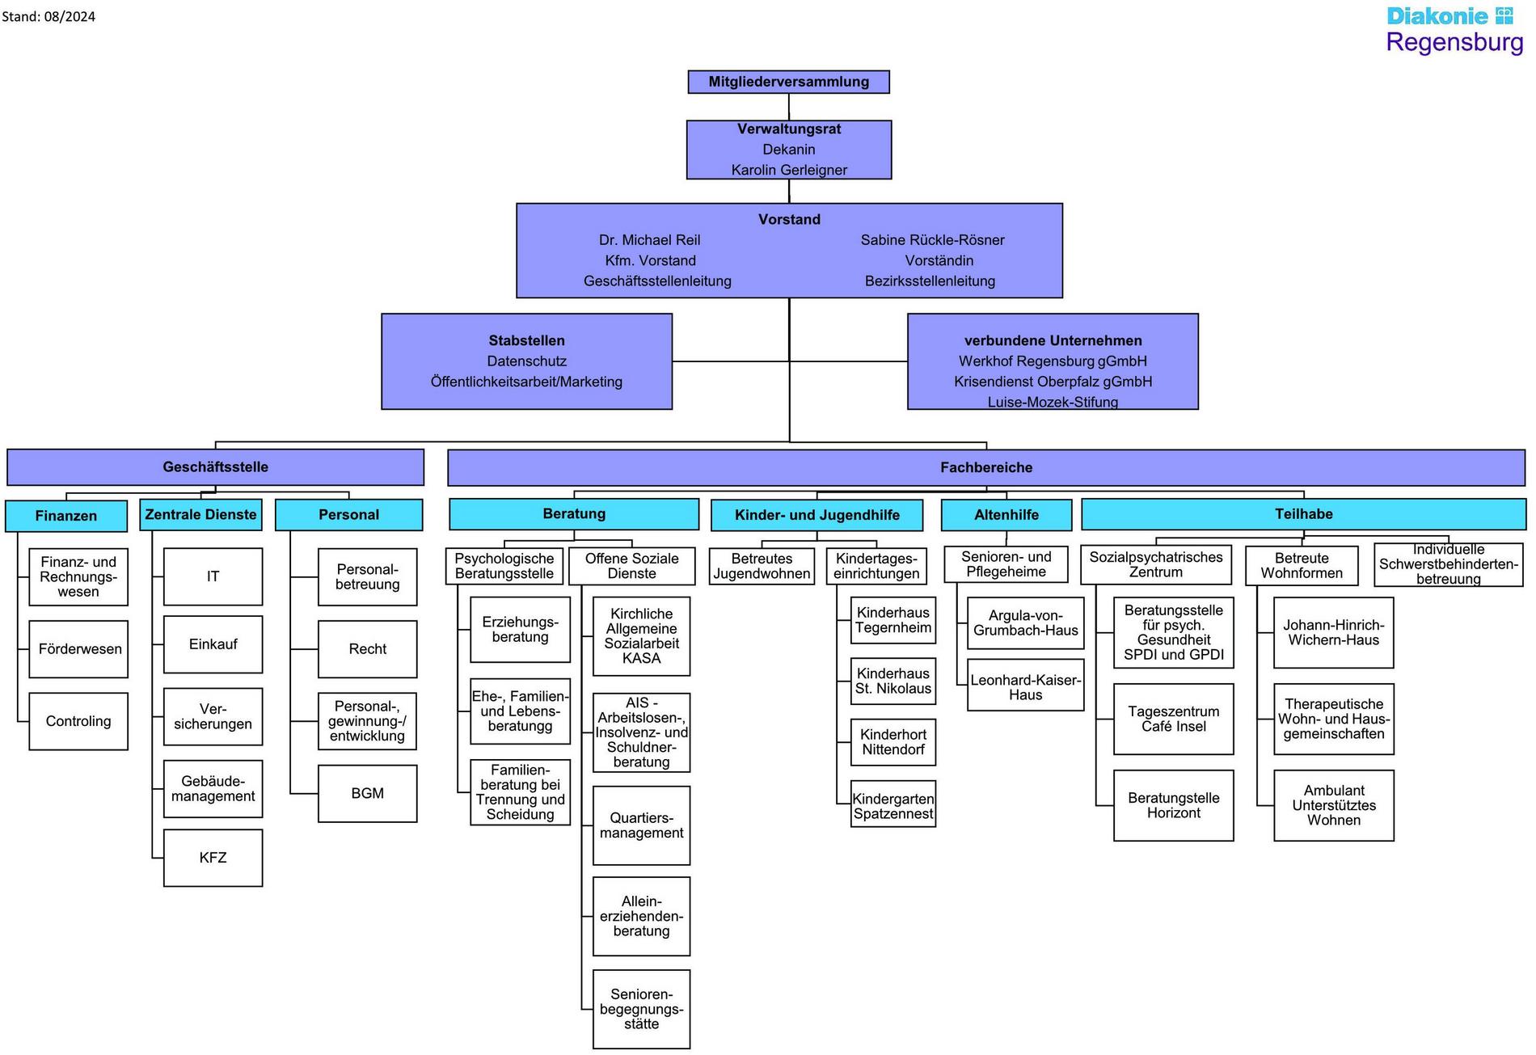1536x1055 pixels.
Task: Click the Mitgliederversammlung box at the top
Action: pyautogui.click(x=788, y=82)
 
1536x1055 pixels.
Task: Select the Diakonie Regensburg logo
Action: pyautogui.click(x=1454, y=30)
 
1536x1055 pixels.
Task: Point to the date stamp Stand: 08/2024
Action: pyautogui.click(x=49, y=16)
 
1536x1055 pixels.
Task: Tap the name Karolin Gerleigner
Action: pyautogui.click(x=789, y=170)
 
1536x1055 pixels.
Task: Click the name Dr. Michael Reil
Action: pyautogui.click(x=649, y=240)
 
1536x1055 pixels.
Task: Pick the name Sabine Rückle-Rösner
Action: pyautogui.click(x=932, y=240)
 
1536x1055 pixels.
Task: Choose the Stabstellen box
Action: pyautogui.click(x=526, y=361)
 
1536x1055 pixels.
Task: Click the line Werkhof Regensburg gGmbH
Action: pyautogui.click(x=1053, y=361)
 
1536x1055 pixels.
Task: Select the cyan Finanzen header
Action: pyautogui.click(x=66, y=516)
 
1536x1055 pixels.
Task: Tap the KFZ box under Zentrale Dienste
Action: pyautogui.click(x=213, y=858)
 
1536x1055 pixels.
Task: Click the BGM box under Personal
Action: pyautogui.click(x=367, y=794)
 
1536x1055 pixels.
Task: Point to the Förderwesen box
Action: pyautogui.click(x=78, y=649)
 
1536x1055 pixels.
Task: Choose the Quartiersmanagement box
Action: pyautogui.click(x=641, y=825)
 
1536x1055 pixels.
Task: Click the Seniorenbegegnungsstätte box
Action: pyautogui.click(x=641, y=1010)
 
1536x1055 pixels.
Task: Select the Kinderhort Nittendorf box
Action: pyautogui.click(x=893, y=742)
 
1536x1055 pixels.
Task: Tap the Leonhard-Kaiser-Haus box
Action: pyautogui.click(x=1025, y=687)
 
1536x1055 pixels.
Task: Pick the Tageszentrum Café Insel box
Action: pyautogui.click(x=1173, y=720)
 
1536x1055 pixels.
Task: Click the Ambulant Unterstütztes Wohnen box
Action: pyautogui.click(x=1334, y=805)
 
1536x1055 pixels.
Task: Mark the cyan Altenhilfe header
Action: pyautogui.click(x=1006, y=515)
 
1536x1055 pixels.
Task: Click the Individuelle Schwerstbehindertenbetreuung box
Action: pyautogui.click(x=1448, y=564)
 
